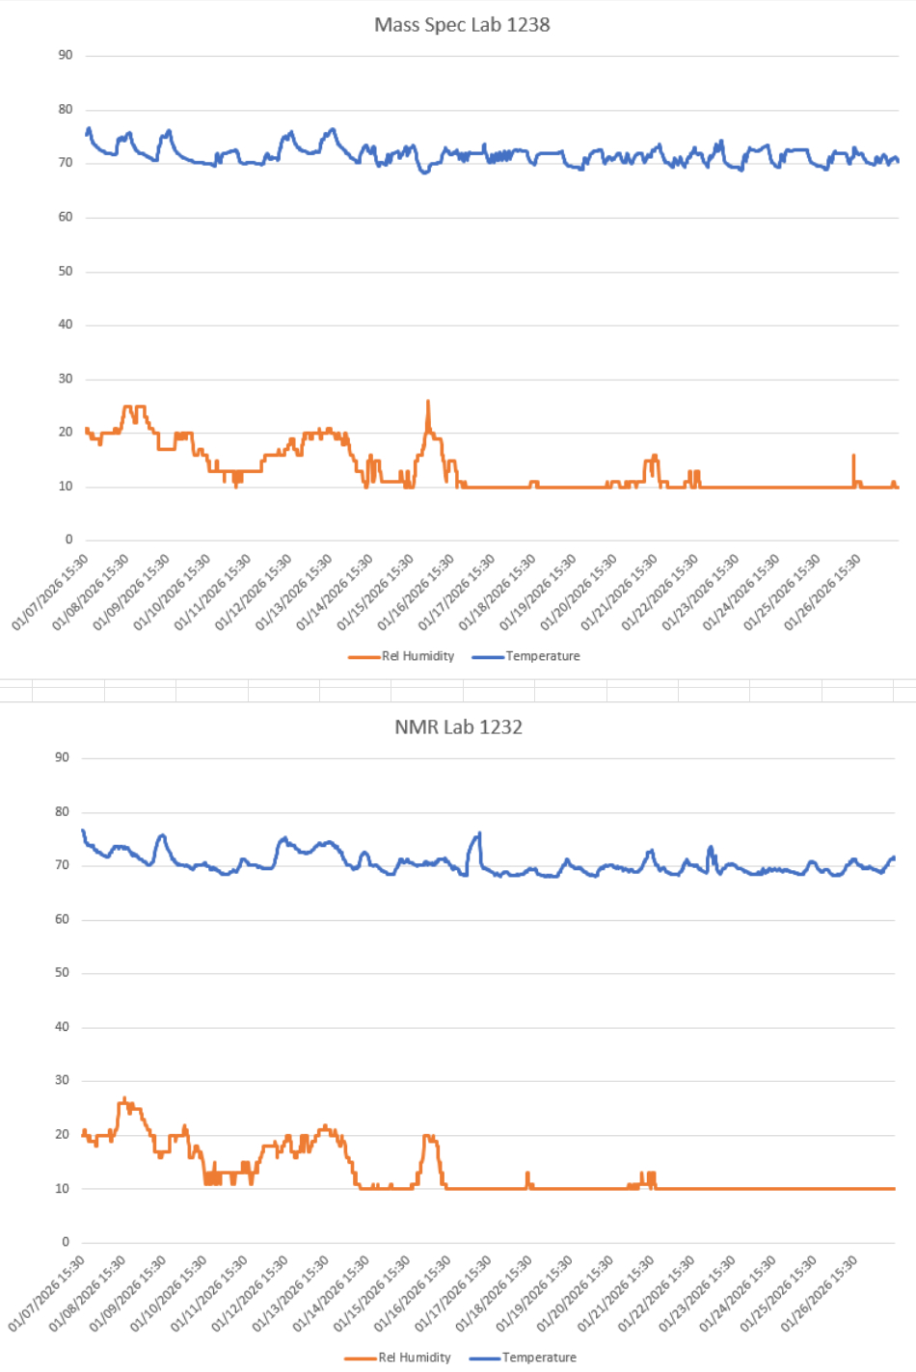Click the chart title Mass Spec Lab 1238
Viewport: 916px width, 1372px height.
tap(462, 25)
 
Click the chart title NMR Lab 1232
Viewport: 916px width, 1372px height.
tap(458, 727)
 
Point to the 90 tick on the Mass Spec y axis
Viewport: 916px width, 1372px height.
tap(66, 55)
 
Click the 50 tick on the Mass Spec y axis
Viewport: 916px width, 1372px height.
tap(66, 271)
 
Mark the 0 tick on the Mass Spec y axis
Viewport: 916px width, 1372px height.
tap(68, 540)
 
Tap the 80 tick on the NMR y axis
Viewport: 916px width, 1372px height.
tap(62, 811)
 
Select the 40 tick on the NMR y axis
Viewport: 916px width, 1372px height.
tap(62, 1026)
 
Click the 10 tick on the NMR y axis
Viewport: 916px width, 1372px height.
tap(62, 1188)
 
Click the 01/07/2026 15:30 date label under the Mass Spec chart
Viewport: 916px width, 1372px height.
tap(50, 593)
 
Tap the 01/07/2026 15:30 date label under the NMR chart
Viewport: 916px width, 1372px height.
tap(46, 1294)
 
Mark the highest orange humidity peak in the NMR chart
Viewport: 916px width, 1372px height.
tap(123, 1098)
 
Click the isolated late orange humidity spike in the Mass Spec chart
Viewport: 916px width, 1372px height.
tap(853, 457)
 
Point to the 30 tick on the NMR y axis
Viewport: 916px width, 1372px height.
tap(62, 1080)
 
